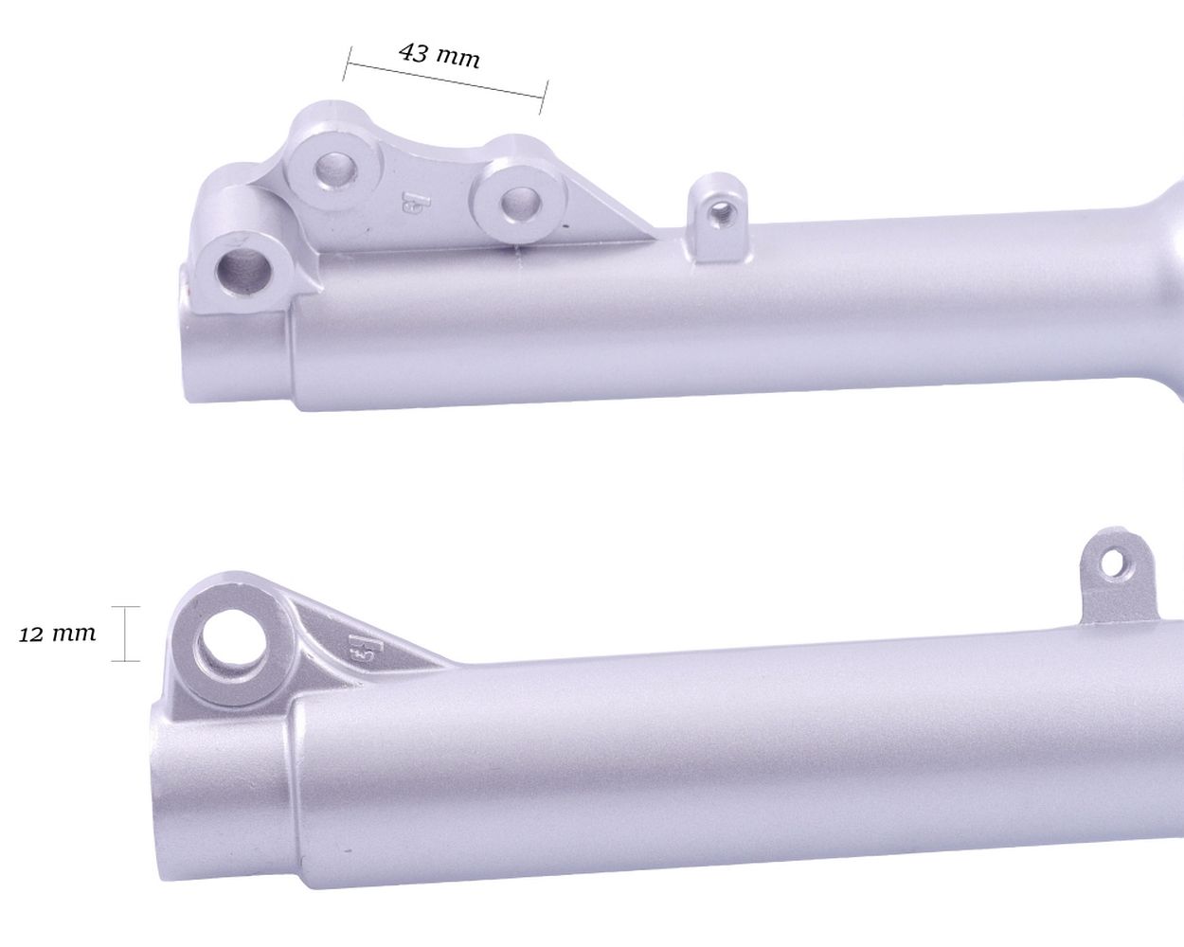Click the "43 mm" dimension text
click(x=440, y=56)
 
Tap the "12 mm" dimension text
click(x=57, y=634)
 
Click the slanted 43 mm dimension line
click(x=444, y=80)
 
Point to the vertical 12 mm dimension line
click(x=125, y=634)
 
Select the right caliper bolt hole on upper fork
click(x=520, y=202)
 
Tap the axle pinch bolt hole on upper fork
click(x=244, y=270)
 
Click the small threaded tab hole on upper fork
click(x=719, y=209)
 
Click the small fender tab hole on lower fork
click(x=1113, y=563)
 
